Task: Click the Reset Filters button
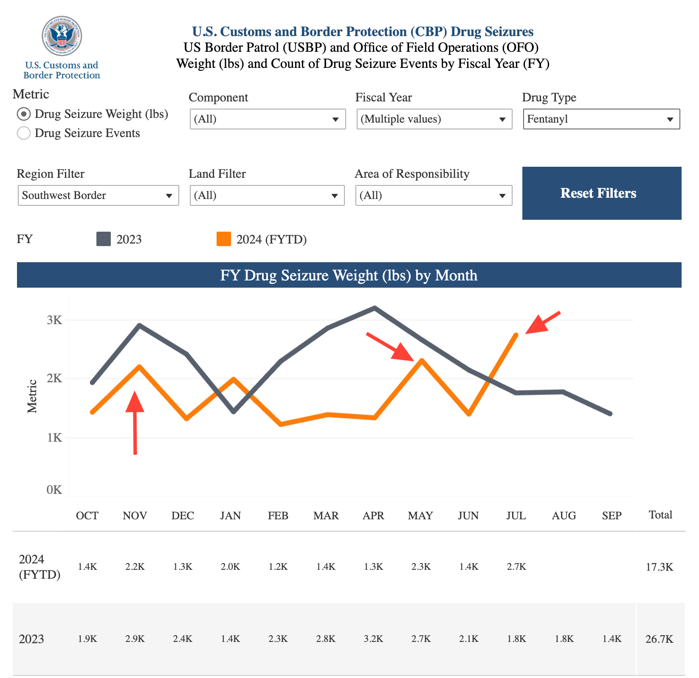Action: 601,193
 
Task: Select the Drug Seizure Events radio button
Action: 24,133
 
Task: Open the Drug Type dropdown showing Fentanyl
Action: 601,119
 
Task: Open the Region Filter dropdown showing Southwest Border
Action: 98,196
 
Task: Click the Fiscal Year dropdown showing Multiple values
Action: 434,119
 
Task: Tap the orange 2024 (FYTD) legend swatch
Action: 224,239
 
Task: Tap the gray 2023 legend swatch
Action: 104,239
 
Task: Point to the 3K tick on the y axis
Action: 55,320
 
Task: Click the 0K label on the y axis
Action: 55,490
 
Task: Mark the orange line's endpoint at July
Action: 516,335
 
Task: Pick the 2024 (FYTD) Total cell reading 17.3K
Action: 660,567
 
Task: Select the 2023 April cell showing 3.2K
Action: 374,639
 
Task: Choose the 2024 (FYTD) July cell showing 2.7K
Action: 516,567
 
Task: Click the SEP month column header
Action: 612,516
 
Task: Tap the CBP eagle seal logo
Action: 62,36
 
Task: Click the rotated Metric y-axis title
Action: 32,396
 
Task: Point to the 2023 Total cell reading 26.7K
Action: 660,639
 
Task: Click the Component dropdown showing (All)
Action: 268,119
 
